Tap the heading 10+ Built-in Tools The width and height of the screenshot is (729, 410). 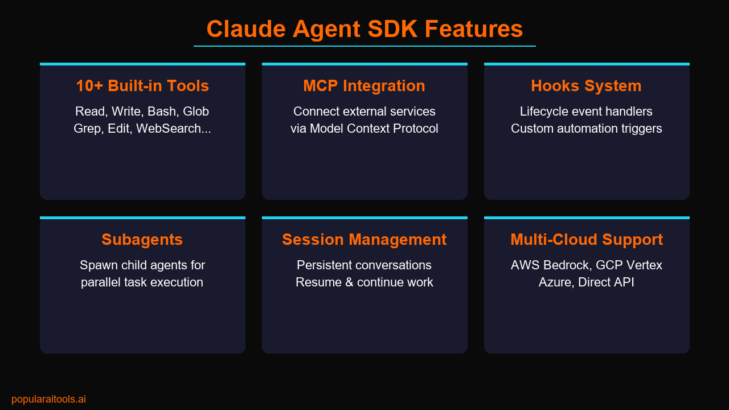pyautogui.click(x=142, y=86)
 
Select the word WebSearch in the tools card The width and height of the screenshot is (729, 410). pyautogui.click(x=174, y=129)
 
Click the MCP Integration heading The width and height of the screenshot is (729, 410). pyautogui.click(x=364, y=86)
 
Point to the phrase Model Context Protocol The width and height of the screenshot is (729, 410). pyautogui.click(x=374, y=129)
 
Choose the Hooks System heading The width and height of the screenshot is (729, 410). pyautogui.click(x=586, y=86)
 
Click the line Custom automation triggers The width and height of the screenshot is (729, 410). pyautogui.click(x=586, y=129)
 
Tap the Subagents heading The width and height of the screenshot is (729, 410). pyautogui.click(x=142, y=240)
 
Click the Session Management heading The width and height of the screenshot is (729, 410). pyautogui.click(x=364, y=240)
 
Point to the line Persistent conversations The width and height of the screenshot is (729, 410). pyautogui.click(x=364, y=265)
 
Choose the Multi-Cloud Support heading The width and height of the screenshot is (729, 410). pyautogui.click(x=586, y=240)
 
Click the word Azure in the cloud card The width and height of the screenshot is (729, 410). pyautogui.click(x=555, y=282)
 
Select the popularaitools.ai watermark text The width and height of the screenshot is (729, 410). pyautogui.click(x=48, y=399)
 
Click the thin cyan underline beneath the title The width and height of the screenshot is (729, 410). pyautogui.click(x=364, y=46)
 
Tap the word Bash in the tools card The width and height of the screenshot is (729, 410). pyautogui.click(x=162, y=112)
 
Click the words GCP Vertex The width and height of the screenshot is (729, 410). pyautogui.click(x=629, y=265)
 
